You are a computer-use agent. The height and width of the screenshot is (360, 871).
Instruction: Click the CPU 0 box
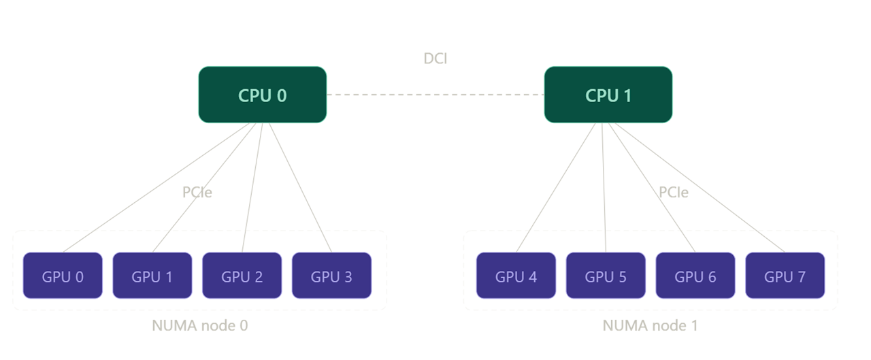click(263, 95)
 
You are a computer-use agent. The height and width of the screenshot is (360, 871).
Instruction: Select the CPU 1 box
click(608, 95)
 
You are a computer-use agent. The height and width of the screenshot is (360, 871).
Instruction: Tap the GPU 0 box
click(63, 275)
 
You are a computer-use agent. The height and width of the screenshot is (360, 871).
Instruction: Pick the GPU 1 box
click(152, 275)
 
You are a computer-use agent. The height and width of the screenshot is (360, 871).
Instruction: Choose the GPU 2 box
click(242, 275)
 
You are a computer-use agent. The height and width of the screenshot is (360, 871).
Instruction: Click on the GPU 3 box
click(331, 275)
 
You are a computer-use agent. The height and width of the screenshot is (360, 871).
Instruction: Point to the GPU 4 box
click(516, 275)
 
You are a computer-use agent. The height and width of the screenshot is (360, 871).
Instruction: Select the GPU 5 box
click(606, 275)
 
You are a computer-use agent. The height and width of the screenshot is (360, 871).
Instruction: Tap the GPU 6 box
click(695, 275)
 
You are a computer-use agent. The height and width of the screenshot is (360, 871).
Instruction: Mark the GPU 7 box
click(785, 275)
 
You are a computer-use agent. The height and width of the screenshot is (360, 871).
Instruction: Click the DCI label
click(435, 59)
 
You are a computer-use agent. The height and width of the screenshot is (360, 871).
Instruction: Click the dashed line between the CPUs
click(435, 95)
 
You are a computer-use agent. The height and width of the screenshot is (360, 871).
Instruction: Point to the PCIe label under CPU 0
click(197, 192)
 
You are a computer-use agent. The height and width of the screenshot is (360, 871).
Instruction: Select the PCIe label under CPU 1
click(674, 192)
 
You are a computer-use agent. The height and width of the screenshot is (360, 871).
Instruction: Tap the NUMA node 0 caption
click(200, 325)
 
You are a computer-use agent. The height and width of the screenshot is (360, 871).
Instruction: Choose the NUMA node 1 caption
click(650, 325)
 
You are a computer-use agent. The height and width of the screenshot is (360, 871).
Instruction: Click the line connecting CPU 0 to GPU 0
click(156, 188)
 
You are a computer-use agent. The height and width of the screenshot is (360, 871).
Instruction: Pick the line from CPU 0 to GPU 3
click(300, 188)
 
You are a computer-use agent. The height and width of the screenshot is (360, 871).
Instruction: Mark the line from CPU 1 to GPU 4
click(556, 188)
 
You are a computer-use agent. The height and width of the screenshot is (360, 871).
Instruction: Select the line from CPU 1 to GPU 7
click(700, 188)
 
